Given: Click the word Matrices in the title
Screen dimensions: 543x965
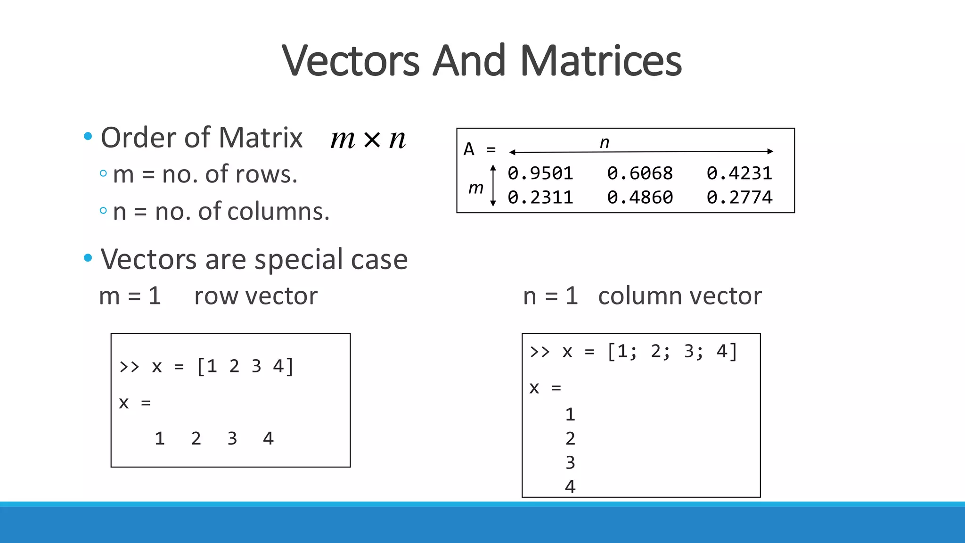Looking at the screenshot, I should [601, 61].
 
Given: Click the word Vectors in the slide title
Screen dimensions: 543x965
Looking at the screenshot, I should [351, 61].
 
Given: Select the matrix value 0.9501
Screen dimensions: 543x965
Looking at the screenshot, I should [540, 173].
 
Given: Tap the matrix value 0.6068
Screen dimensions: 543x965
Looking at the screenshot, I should [639, 173].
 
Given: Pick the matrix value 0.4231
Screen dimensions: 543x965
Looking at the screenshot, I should [739, 173].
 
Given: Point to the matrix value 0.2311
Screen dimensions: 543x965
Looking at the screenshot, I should [540, 197].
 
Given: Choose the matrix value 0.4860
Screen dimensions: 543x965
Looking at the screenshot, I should [639, 197].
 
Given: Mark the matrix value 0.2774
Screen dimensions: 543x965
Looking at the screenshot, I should [739, 197].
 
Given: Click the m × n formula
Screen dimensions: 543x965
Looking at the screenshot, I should [368, 139].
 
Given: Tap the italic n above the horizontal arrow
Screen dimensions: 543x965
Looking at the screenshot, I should [605, 142].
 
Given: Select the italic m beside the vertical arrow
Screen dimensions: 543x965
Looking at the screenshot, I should [476, 188].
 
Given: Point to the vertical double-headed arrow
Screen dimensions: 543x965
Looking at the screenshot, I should [493, 186].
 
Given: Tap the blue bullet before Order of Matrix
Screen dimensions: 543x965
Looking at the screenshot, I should [88, 137].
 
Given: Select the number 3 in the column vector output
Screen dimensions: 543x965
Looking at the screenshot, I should [570, 463].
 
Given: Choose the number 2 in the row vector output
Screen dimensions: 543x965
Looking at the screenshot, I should [196, 439].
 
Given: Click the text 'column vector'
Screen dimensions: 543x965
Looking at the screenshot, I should [679, 296].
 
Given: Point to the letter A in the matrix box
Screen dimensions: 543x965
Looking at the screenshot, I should [469, 149].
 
